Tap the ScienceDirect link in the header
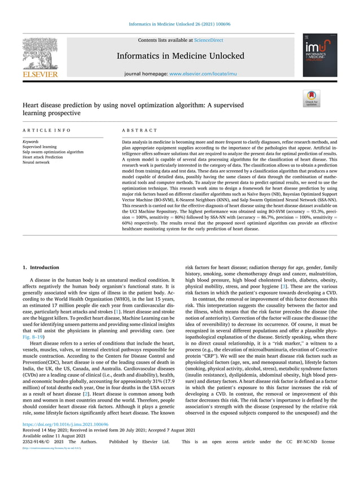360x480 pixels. tap(208, 41)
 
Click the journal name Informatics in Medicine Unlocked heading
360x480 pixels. tap(180, 56)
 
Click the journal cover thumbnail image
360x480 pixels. tap(319, 55)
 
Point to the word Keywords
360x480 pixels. tap(31, 142)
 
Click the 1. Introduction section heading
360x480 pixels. tap(40, 267)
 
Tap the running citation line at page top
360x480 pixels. tap(179, 24)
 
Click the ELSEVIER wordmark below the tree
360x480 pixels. tap(40, 74)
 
